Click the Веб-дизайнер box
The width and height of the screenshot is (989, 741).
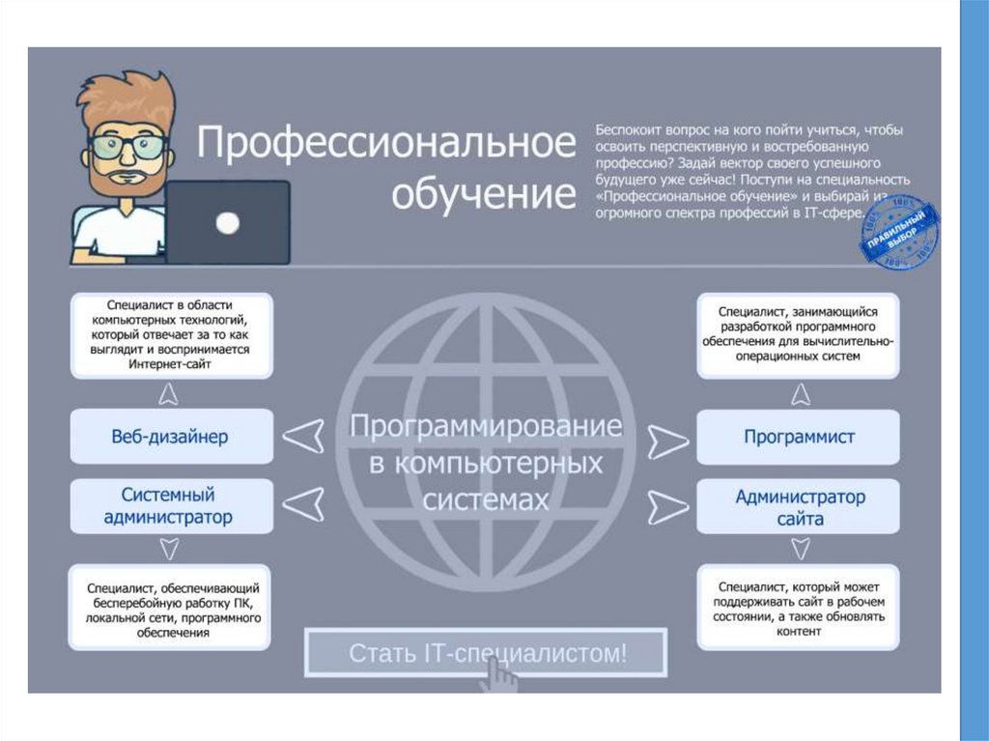[169, 437]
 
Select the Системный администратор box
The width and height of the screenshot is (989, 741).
[169, 506]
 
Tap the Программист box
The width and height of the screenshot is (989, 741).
[799, 437]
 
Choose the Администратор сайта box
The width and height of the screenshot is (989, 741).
[799, 507]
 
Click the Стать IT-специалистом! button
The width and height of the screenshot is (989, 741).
[486, 653]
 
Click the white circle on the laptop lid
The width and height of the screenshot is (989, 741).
[228, 224]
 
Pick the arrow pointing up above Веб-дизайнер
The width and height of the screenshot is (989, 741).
[169, 392]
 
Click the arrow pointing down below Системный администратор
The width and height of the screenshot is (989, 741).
[169, 549]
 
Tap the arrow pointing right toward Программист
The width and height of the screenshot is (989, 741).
[667, 442]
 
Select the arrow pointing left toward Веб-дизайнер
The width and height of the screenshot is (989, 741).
[306, 437]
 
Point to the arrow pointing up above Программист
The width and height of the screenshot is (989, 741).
[800, 392]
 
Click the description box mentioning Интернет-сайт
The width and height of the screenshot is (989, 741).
[171, 336]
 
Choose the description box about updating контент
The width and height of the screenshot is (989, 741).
[799, 609]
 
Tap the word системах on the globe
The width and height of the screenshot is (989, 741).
[486, 499]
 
